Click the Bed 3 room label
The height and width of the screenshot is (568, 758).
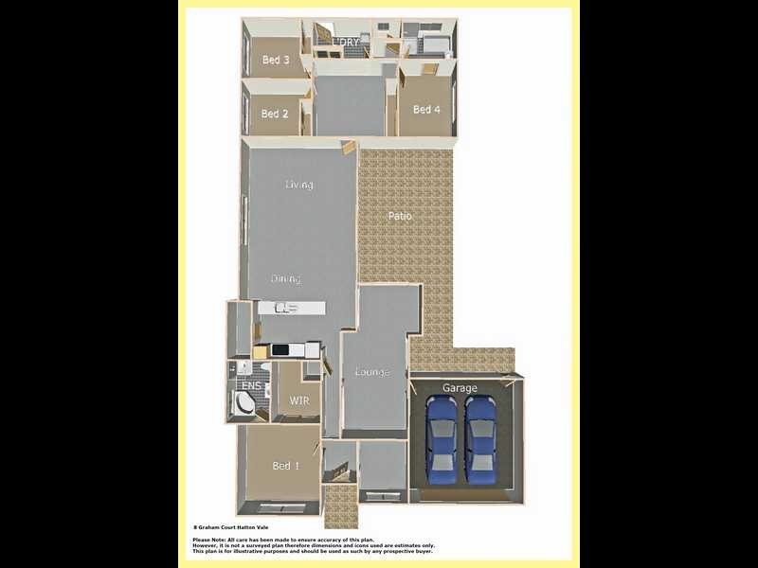[x=276, y=61]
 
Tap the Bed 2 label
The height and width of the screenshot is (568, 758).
[x=275, y=114]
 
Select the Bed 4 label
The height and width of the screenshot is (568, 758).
[x=426, y=110]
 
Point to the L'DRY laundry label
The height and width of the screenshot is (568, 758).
[x=346, y=44]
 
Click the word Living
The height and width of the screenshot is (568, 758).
[x=298, y=185]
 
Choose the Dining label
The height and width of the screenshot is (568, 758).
[x=285, y=279]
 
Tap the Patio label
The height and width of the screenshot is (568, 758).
[x=400, y=217]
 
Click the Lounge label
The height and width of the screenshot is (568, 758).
[x=371, y=372]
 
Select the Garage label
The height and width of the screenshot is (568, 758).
[x=460, y=388]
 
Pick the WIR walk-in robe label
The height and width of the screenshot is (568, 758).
[x=298, y=400]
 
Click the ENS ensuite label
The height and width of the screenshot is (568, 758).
[x=250, y=386]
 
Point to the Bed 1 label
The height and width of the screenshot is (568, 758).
[x=286, y=466]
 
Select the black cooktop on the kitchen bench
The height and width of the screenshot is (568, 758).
[x=282, y=350]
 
